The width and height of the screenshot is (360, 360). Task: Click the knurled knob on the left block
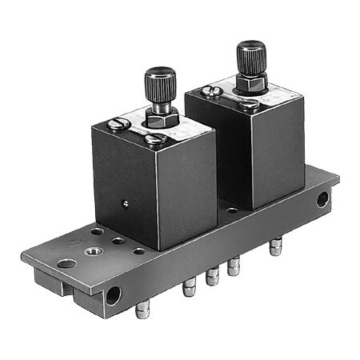160,82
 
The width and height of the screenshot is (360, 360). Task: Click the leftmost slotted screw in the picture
118,124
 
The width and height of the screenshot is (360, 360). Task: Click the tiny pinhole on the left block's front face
124,202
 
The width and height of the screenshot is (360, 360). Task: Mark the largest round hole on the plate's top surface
66,263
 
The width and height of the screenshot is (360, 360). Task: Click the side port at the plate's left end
113,294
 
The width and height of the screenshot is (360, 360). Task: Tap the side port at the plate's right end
322,200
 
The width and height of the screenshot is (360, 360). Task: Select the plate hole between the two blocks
231,211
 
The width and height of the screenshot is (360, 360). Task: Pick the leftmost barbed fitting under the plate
142,310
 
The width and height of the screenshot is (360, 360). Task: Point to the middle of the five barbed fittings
212,277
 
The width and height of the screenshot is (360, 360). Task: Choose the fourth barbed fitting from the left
234,266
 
